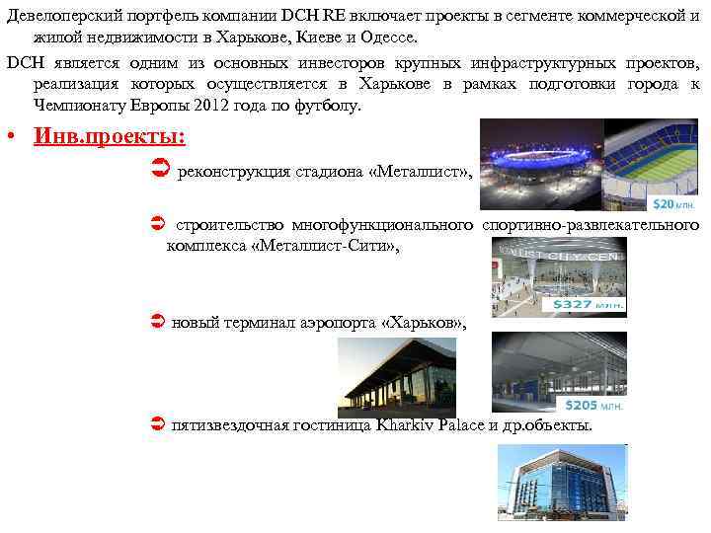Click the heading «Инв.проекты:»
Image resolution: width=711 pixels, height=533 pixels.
click(110, 135)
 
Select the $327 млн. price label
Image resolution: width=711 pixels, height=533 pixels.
click(590, 305)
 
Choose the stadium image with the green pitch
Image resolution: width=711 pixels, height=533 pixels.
click(656, 159)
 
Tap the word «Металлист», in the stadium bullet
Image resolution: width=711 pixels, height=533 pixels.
click(420, 174)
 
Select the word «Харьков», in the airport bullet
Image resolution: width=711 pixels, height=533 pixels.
click(422, 323)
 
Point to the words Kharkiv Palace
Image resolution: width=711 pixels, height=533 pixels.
click(430, 425)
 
